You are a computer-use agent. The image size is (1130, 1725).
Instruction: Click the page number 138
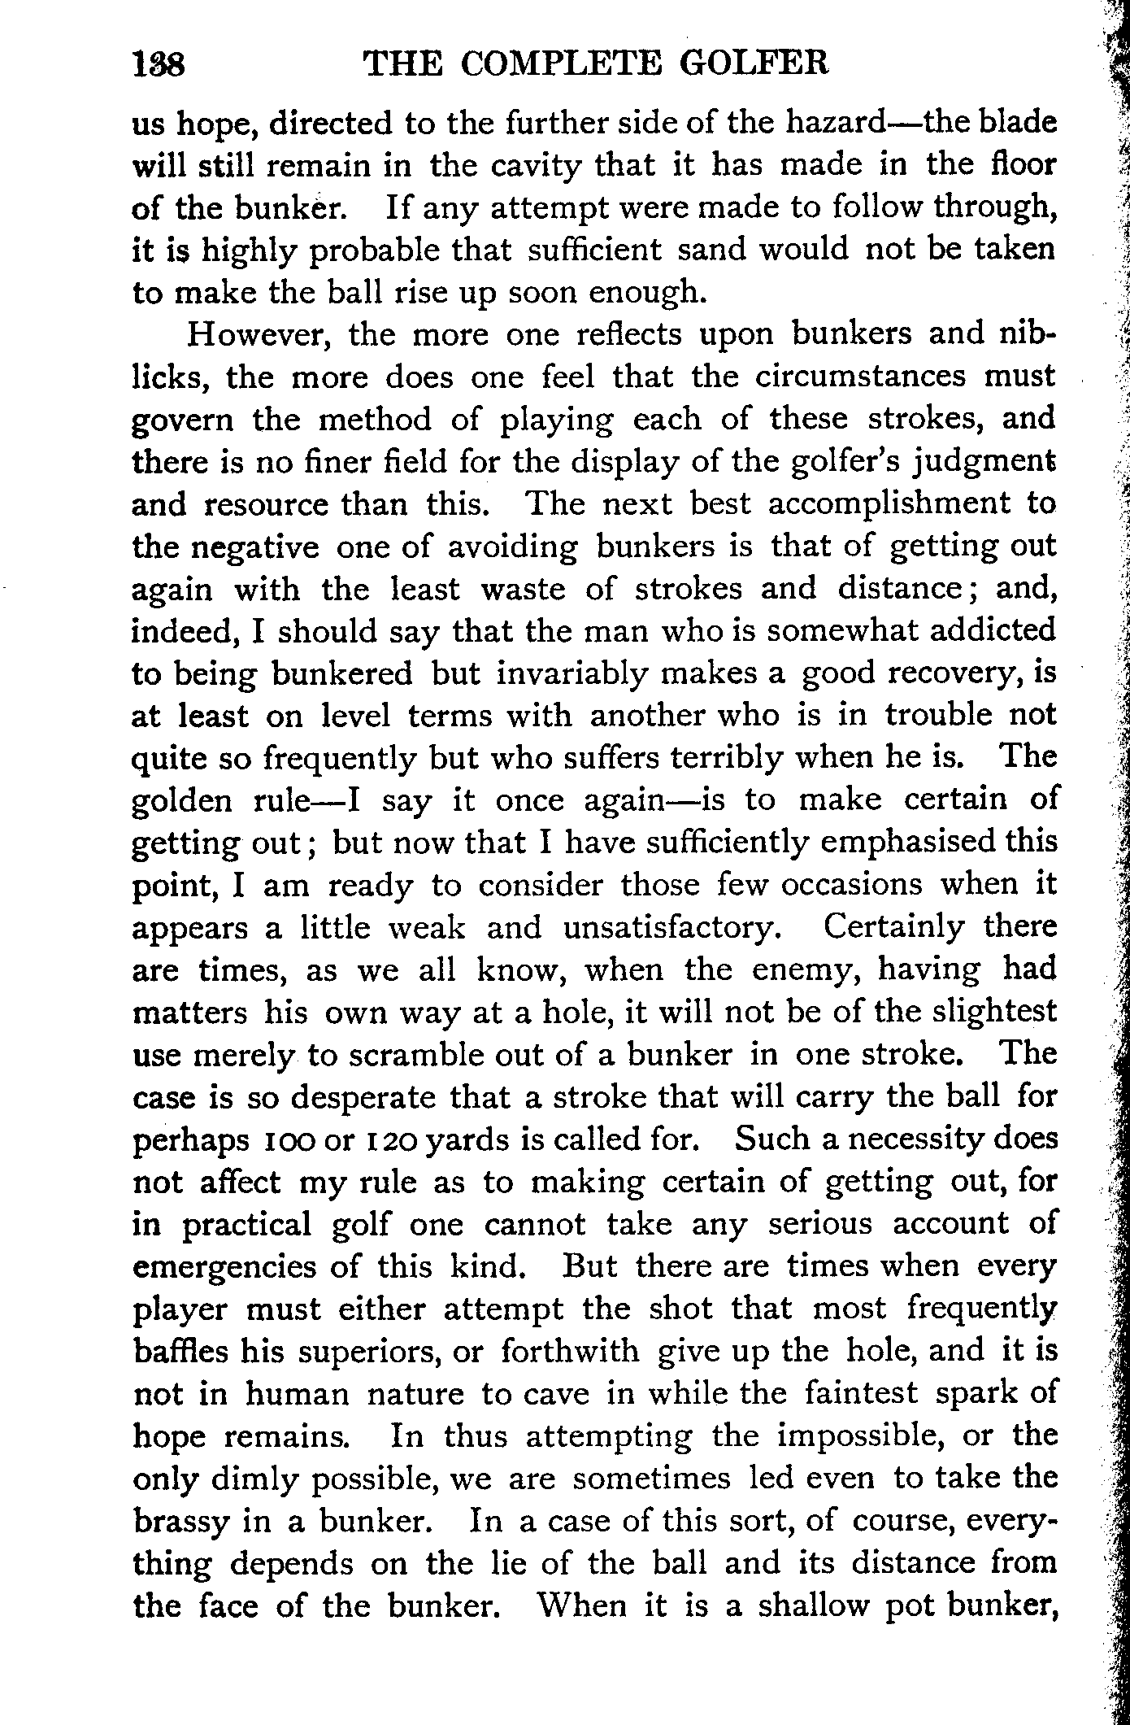159,63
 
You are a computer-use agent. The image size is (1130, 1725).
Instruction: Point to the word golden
182,801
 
